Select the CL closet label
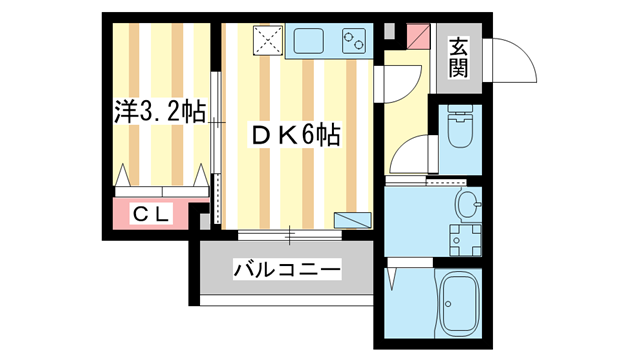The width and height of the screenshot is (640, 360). [x=152, y=213]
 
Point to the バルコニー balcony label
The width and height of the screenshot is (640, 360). [x=288, y=269]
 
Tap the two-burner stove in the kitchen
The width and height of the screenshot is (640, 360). [x=355, y=41]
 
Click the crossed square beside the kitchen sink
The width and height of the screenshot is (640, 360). [x=267, y=41]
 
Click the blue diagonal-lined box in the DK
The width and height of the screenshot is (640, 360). [x=351, y=219]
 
